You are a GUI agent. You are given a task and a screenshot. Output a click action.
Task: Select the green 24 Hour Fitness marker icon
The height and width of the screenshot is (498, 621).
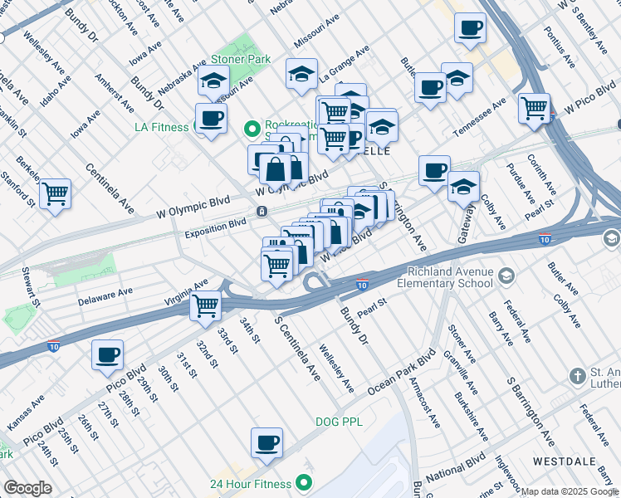(x=304, y=481)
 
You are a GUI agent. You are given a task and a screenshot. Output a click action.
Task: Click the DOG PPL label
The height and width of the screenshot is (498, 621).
(x=339, y=422)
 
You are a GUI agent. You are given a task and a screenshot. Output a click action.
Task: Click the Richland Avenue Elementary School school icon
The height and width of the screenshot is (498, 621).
(x=506, y=275)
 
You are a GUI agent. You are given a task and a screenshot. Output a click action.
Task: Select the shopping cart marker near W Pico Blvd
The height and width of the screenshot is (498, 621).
(x=534, y=108)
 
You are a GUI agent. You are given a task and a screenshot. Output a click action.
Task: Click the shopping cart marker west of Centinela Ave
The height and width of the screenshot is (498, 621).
(x=55, y=193)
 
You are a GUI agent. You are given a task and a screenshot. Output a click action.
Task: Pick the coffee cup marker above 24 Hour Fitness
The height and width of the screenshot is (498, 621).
(x=266, y=442)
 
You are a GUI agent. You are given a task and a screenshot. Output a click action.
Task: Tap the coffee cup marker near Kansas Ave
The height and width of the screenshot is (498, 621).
(x=107, y=354)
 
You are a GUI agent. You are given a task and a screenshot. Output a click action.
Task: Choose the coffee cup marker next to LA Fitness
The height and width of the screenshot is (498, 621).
(x=211, y=118)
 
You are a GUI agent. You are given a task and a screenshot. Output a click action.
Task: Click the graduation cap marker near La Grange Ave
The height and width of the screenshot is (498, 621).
(x=302, y=74)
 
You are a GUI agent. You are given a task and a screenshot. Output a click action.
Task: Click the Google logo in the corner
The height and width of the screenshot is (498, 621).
(x=27, y=488)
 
